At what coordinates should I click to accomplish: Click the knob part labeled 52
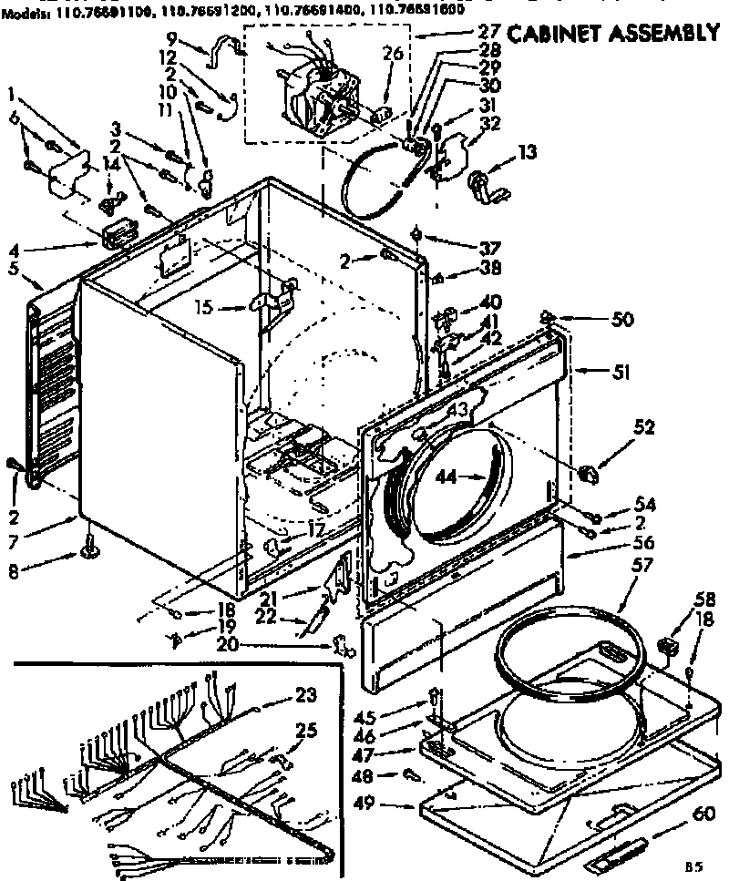point(588,473)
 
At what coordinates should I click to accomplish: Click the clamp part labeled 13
point(479,185)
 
